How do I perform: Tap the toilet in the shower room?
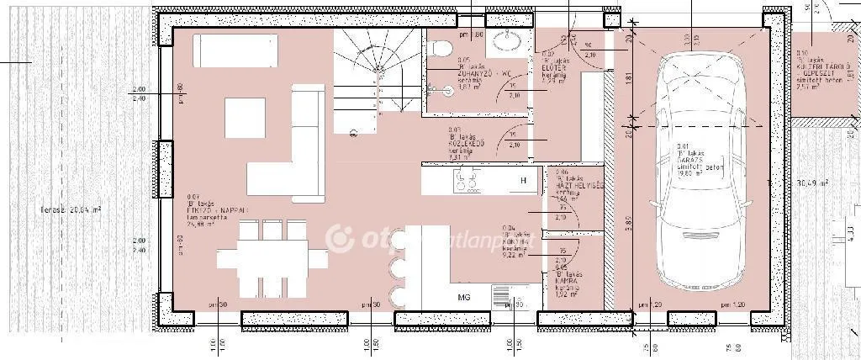(x=440, y=50)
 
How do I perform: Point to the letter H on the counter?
(x=522, y=181)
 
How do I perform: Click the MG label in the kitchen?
(x=463, y=298)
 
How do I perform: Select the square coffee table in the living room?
(x=245, y=119)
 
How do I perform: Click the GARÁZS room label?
(x=695, y=160)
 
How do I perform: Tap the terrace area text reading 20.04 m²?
(x=75, y=209)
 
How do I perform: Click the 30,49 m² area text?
(x=812, y=183)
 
